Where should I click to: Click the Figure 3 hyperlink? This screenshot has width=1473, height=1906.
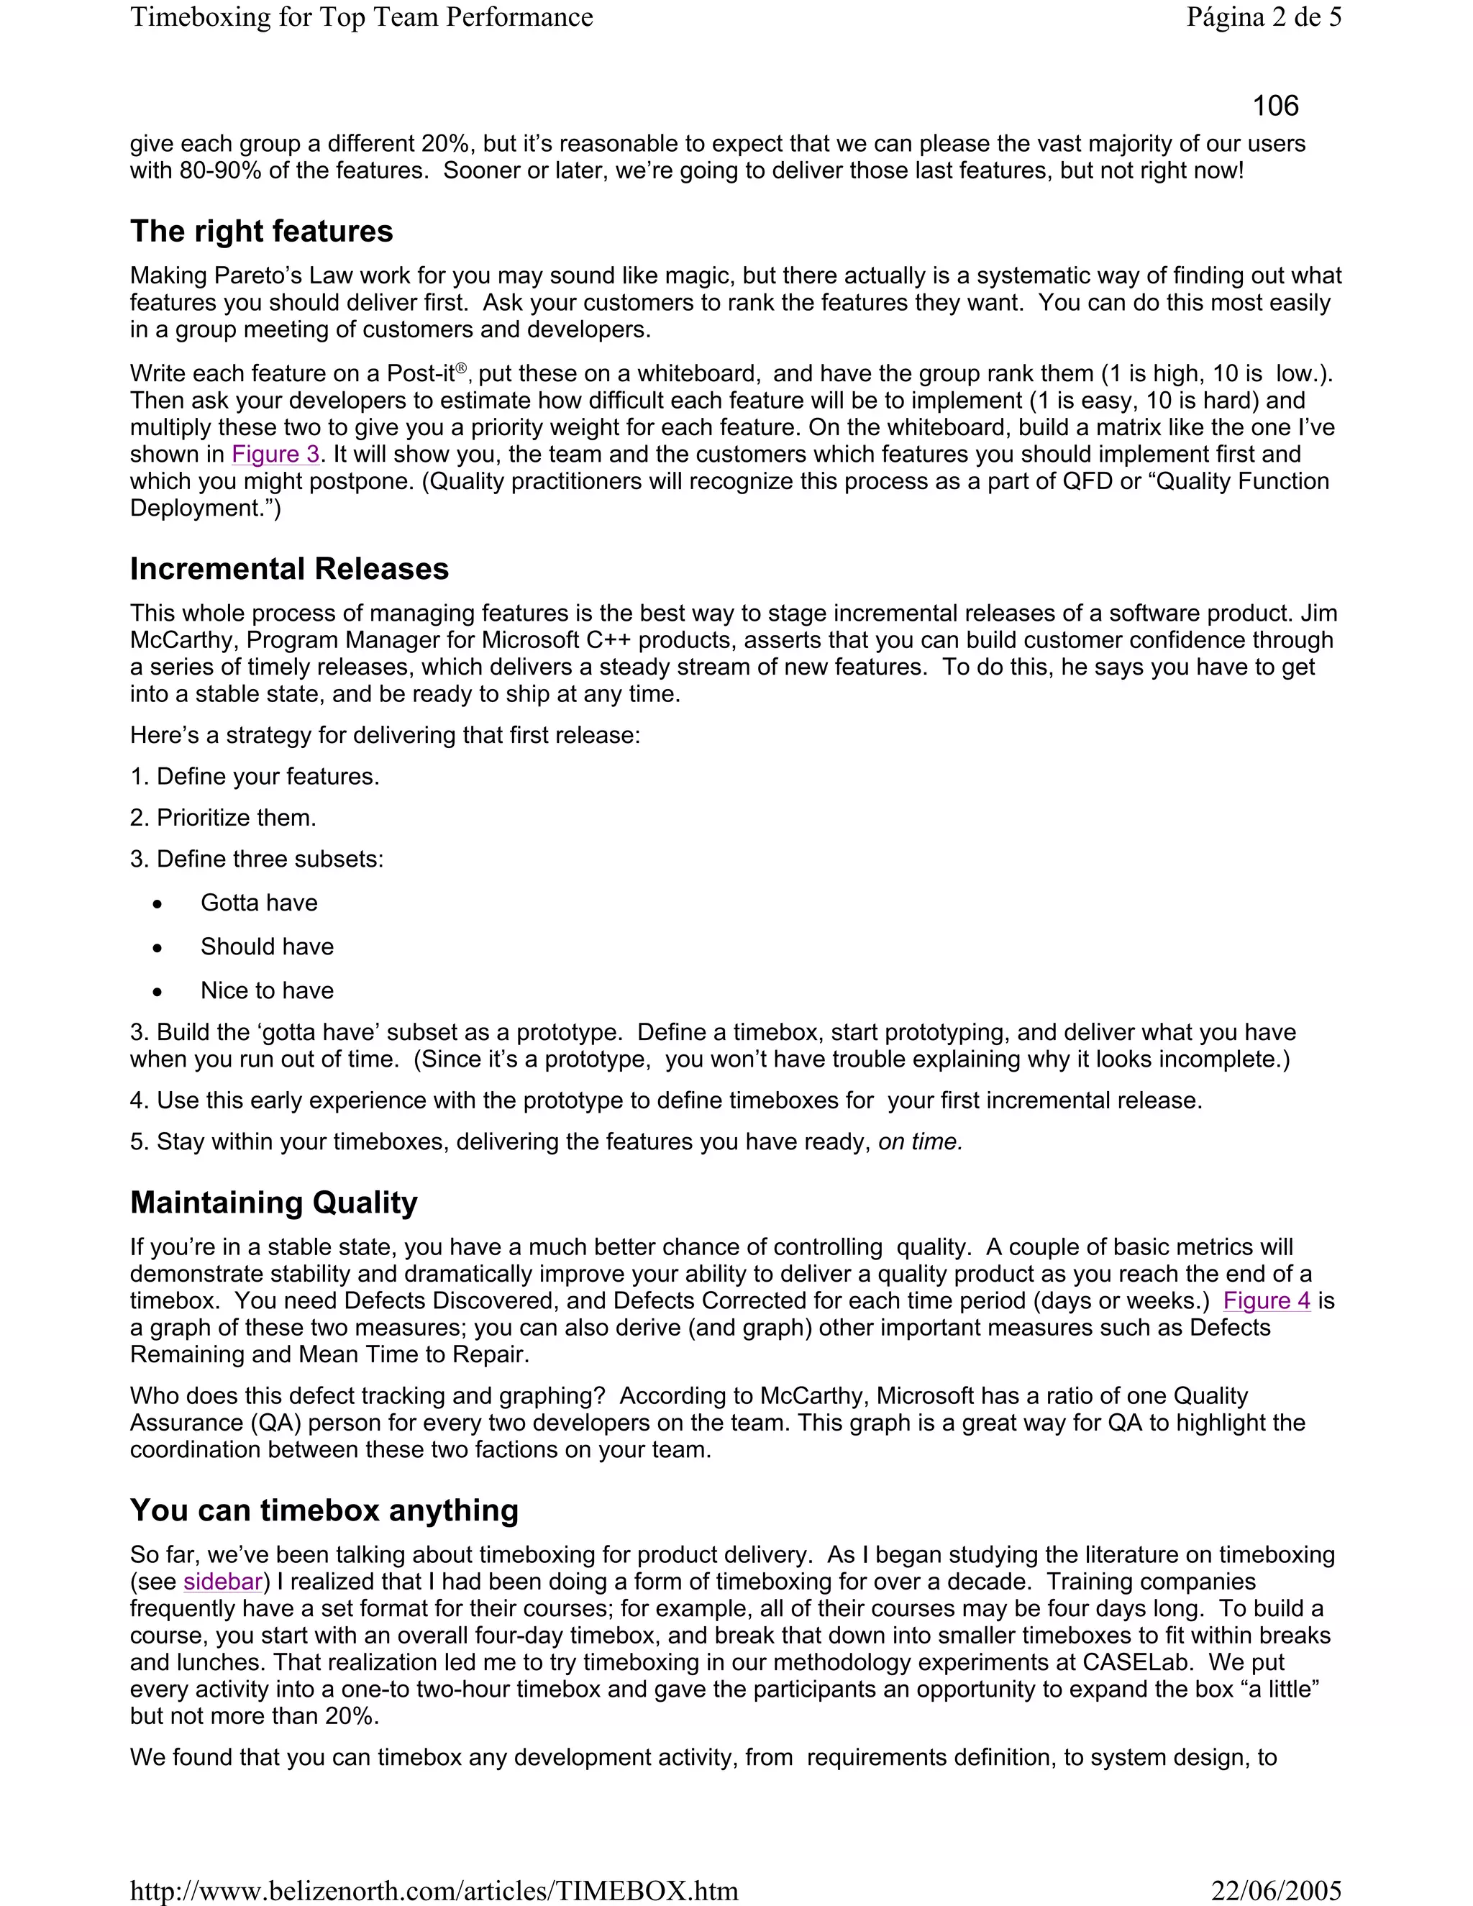point(275,455)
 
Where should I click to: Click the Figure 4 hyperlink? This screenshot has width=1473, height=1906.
point(1266,1301)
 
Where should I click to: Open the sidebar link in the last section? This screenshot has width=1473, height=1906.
point(222,1582)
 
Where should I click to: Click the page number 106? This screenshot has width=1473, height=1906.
point(1275,106)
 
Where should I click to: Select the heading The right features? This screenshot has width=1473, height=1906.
point(261,232)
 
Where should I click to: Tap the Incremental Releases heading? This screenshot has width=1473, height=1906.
point(289,569)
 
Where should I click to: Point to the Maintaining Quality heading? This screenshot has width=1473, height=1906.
point(273,1203)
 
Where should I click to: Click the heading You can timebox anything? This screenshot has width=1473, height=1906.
point(324,1510)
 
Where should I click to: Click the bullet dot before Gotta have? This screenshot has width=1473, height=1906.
point(157,905)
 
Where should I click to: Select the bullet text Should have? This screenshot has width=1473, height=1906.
point(267,947)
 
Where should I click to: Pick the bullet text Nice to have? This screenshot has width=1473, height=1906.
point(267,990)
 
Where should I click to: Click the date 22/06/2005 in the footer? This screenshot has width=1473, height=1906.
point(1276,1891)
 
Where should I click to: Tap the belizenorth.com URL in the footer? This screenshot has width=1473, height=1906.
point(434,1891)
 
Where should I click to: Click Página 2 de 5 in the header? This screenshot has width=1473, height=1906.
point(1264,17)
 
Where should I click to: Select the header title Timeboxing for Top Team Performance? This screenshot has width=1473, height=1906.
point(361,17)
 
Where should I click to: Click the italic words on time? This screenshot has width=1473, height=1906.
point(920,1142)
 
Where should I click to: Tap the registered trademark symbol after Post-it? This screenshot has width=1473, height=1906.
point(462,368)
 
